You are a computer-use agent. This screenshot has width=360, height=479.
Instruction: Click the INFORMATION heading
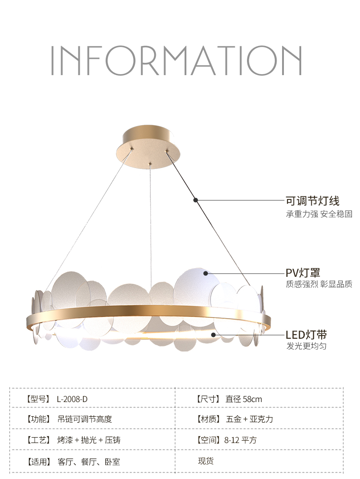pyautogui.click(x=176, y=61)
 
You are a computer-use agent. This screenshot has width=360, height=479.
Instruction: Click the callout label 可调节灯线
pyautogui.click(x=312, y=200)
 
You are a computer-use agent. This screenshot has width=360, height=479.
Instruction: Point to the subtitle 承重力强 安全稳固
pyautogui.click(x=319, y=214)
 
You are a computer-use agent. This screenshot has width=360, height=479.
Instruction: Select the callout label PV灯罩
pyautogui.click(x=303, y=273)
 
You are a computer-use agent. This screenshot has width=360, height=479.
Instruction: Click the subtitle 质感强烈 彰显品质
pyautogui.click(x=319, y=285)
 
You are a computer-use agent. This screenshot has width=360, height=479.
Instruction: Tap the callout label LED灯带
pyautogui.click(x=306, y=335)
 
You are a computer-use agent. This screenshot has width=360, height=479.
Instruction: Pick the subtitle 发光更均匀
pyautogui.click(x=306, y=347)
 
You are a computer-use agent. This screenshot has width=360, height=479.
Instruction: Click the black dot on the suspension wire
pyautogui.click(x=195, y=199)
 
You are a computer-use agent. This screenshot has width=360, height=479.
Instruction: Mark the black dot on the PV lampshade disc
pyautogui.click(x=206, y=273)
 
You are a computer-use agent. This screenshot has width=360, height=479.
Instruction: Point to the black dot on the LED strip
pyautogui.click(x=213, y=335)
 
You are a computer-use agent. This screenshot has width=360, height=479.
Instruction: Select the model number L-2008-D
pyautogui.click(x=72, y=399)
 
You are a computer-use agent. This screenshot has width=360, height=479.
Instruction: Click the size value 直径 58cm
pyautogui.click(x=243, y=399)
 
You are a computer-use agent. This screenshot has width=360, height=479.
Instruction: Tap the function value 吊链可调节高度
pyautogui.click(x=85, y=419)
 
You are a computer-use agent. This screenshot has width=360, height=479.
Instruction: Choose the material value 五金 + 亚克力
pyautogui.click(x=249, y=419)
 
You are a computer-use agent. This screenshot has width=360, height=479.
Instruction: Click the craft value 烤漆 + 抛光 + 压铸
pyautogui.click(x=89, y=440)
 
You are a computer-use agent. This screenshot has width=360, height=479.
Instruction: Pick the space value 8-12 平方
pyautogui.click(x=240, y=440)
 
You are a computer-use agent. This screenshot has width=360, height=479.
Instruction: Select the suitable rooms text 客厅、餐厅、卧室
pyautogui.click(x=89, y=462)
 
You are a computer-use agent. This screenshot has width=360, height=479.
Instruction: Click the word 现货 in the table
pyautogui.click(x=206, y=461)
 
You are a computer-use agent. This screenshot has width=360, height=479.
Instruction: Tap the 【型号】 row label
pyautogui.click(x=37, y=399)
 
